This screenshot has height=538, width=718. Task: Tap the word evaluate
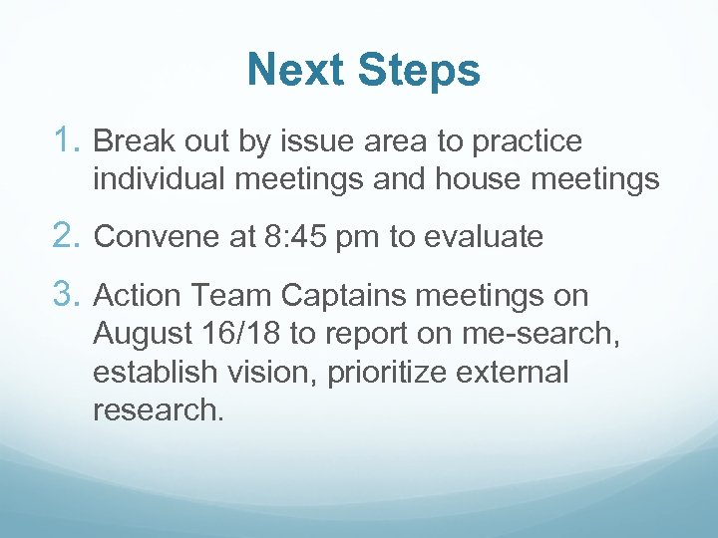tap(484, 237)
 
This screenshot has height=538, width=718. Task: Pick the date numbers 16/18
tap(238, 334)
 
